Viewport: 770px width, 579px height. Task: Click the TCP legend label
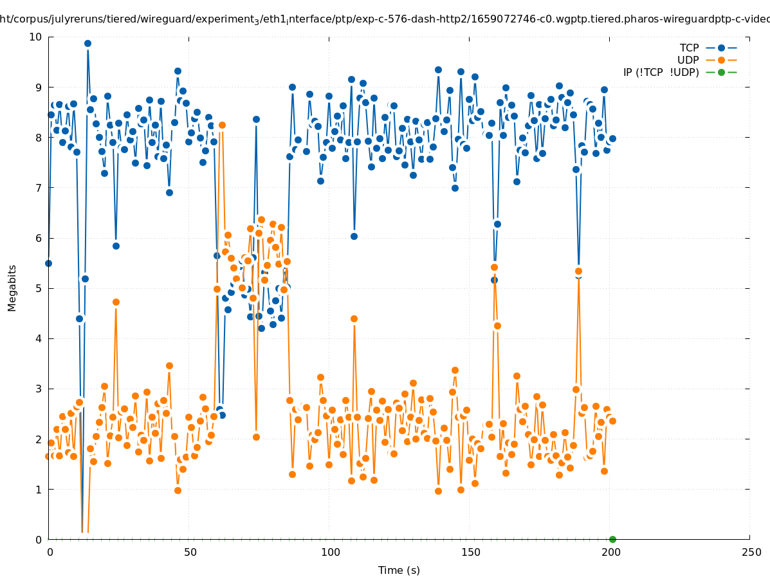pyautogui.click(x=689, y=48)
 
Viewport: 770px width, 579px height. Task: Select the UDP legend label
pyautogui.click(x=688, y=60)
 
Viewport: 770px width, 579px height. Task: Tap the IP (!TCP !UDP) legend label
pyautogui.click(x=661, y=72)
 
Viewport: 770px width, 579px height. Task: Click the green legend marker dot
pyautogui.click(x=721, y=72)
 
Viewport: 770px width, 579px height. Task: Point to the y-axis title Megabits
pyautogui.click(x=12, y=288)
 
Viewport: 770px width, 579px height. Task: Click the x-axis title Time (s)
pyautogui.click(x=399, y=570)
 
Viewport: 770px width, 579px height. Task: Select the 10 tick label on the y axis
pyautogui.click(x=36, y=37)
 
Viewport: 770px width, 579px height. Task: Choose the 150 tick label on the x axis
pyautogui.click(x=470, y=552)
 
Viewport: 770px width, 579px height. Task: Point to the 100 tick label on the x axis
pyautogui.click(x=330, y=552)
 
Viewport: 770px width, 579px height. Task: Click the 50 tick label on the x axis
pyautogui.click(x=190, y=552)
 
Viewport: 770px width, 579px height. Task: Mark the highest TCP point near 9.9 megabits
pyautogui.click(x=87, y=44)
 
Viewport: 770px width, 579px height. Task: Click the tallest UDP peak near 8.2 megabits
pyautogui.click(x=222, y=125)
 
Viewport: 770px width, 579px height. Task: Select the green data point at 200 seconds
pyautogui.click(x=612, y=539)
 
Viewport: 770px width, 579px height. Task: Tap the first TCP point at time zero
pyautogui.click(x=48, y=263)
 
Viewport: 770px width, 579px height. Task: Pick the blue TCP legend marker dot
pyautogui.click(x=721, y=48)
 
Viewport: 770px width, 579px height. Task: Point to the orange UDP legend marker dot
pyautogui.click(x=721, y=60)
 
